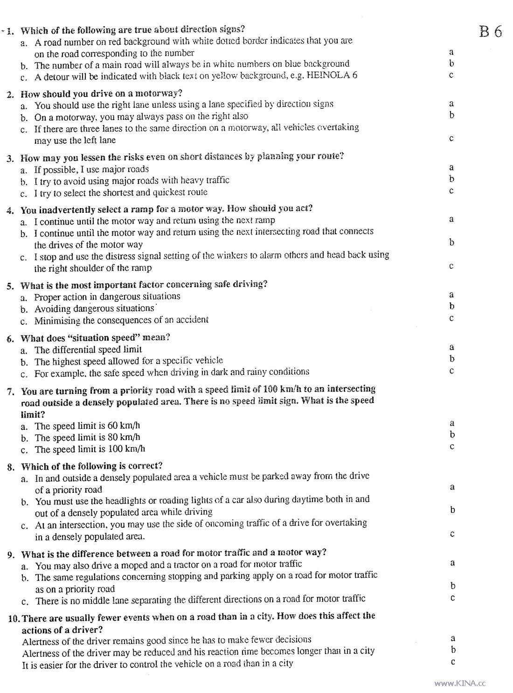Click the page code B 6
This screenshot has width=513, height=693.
[490, 32]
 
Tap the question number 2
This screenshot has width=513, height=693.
[10, 94]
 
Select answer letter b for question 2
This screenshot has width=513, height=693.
[451, 115]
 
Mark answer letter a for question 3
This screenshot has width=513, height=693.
[451, 168]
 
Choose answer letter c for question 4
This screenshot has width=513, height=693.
[451, 266]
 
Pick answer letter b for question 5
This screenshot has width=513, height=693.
[451, 306]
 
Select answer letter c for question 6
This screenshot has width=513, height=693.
[451, 371]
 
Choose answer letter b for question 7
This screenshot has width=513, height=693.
[451, 435]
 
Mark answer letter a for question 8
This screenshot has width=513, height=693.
[452, 487]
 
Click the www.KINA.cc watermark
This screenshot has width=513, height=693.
[460, 683]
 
